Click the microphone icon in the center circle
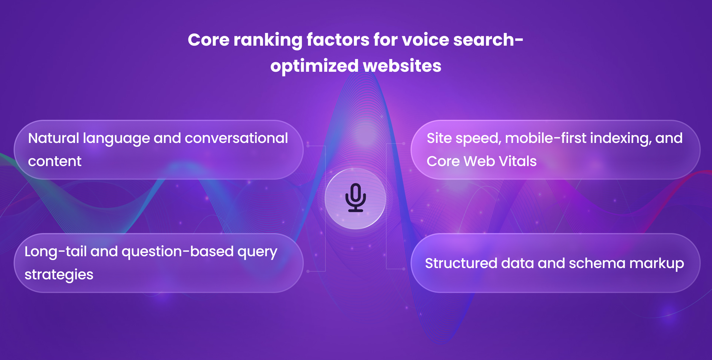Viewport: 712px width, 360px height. point(355,198)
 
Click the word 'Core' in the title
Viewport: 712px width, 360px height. point(208,40)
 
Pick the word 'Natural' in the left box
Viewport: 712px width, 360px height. point(54,138)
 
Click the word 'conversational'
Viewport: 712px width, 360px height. point(236,138)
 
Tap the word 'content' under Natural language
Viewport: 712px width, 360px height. point(55,161)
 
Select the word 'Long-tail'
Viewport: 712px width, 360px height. point(55,251)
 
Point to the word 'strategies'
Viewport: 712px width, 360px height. point(59,275)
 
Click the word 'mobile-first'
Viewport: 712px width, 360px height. point(546,138)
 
